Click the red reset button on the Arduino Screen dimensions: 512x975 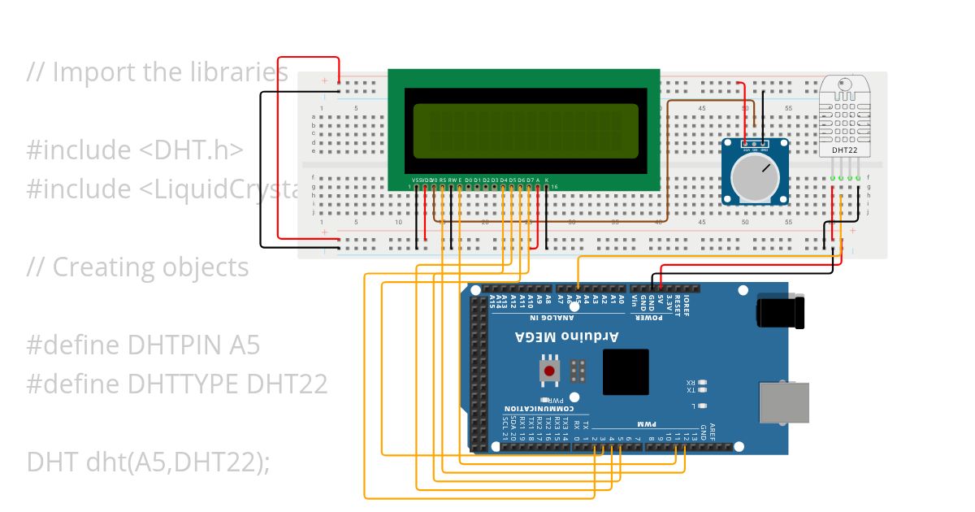click(550, 371)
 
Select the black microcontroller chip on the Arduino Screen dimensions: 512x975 click(626, 372)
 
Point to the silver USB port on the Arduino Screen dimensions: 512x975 click(784, 402)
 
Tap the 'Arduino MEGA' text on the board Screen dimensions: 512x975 click(567, 336)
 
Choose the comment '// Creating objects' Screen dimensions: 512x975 click(137, 267)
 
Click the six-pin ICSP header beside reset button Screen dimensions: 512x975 click(578, 371)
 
